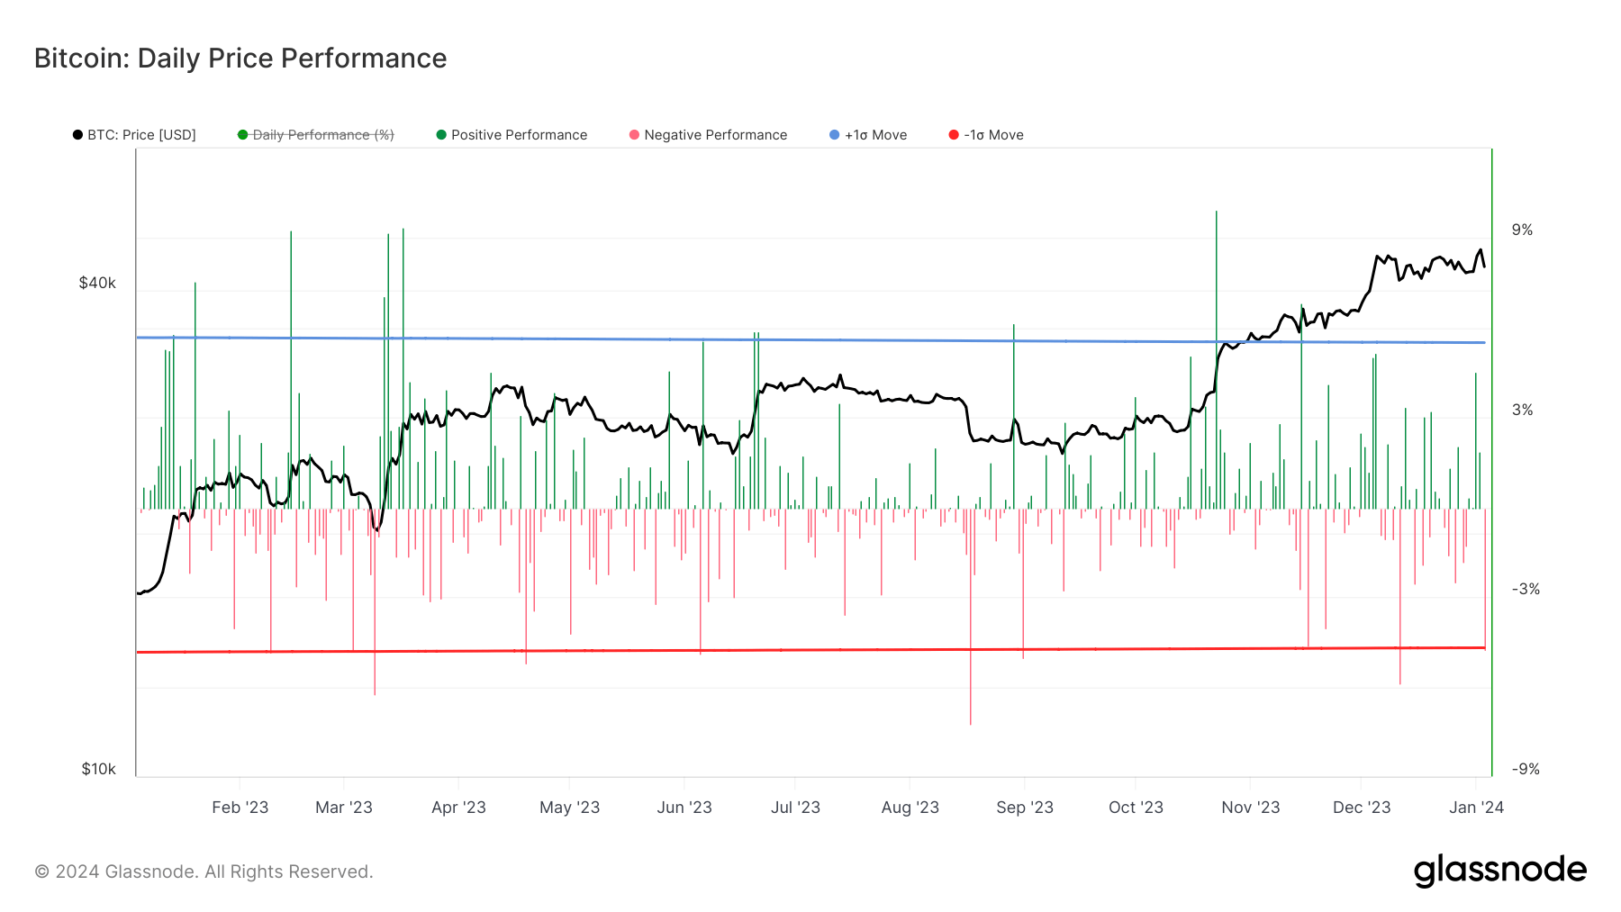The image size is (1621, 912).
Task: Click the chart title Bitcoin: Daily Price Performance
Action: click(240, 59)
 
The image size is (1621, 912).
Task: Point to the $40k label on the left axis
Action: click(97, 283)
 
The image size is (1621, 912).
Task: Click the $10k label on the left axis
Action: click(98, 769)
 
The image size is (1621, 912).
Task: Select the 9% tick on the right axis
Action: click(1522, 230)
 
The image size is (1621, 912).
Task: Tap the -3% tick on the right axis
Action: click(1525, 590)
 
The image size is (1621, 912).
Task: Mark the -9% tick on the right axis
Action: click(1525, 769)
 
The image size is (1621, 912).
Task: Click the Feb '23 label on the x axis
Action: click(240, 808)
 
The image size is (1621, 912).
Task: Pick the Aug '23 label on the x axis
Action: click(910, 808)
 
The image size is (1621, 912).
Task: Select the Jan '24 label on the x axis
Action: click(1476, 808)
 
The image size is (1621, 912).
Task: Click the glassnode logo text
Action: click(1499, 871)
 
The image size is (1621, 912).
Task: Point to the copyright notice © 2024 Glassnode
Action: click(204, 871)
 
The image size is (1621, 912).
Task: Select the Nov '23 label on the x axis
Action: click(1250, 808)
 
